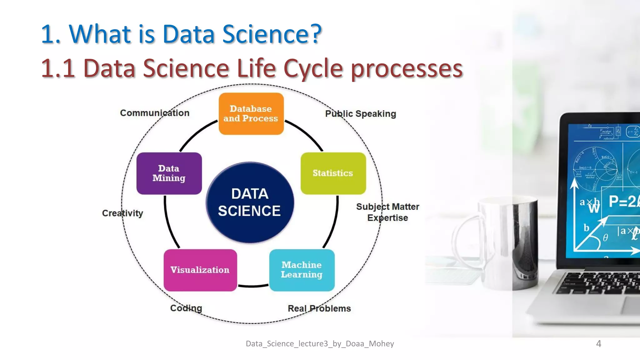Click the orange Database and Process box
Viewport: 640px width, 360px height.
(x=251, y=114)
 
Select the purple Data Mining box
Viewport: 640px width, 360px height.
(x=169, y=173)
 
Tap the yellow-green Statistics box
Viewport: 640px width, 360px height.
(x=333, y=173)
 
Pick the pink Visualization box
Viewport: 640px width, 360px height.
(x=200, y=270)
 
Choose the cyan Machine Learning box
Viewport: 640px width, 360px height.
(x=302, y=270)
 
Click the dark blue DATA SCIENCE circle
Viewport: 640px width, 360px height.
(x=250, y=202)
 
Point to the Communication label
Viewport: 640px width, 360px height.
(x=155, y=113)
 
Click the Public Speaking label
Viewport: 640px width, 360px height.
(x=360, y=114)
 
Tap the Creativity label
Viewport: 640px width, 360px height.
(x=122, y=213)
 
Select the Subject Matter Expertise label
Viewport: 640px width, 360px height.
(x=387, y=212)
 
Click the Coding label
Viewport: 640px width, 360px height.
(x=186, y=308)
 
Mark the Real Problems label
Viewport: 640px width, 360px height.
(x=319, y=308)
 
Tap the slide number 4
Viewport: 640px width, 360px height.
(x=598, y=344)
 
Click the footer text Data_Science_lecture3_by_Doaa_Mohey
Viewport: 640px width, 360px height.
(x=320, y=344)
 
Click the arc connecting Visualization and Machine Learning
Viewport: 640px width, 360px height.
(x=253, y=286)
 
